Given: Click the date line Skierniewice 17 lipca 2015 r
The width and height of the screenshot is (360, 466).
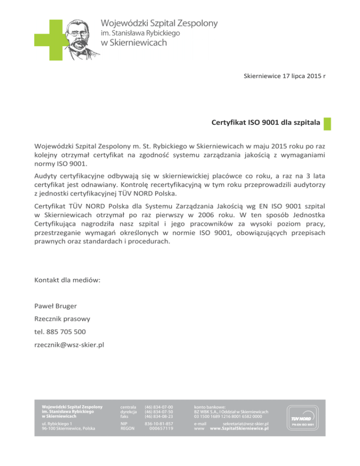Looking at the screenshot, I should (285, 76).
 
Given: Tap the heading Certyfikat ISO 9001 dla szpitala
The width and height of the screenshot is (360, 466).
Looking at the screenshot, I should (266, 123).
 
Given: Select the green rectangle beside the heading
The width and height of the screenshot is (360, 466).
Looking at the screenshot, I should (327, 123).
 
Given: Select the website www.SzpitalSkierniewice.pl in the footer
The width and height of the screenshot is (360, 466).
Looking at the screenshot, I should (239, 428).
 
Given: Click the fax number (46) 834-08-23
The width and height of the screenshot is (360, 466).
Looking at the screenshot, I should (159, 416).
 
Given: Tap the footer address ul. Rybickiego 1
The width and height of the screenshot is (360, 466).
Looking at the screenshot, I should (57, 423).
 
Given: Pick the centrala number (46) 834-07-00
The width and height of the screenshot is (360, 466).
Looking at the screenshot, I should (159, 406).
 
